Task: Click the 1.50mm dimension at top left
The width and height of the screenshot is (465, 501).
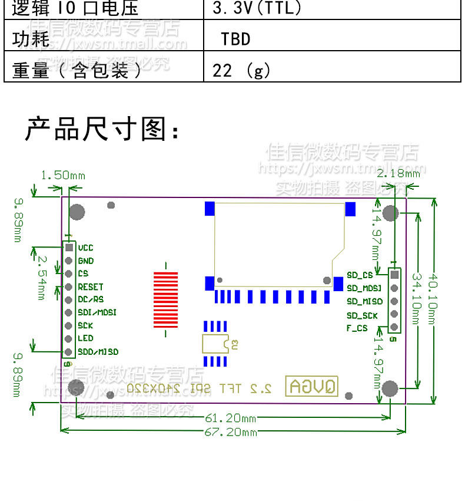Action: click(63, 176)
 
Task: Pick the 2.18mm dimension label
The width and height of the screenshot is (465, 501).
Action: click(398, 173)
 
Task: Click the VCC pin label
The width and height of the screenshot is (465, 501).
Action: click(85, 248)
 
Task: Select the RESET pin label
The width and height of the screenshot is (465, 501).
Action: click(91, 287)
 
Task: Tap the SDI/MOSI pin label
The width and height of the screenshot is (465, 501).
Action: click(97, 312)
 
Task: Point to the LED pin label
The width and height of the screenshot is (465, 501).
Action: click(85, 338)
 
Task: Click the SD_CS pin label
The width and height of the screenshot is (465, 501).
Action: click(360, 275)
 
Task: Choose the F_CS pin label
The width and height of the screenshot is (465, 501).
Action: click(357, 328)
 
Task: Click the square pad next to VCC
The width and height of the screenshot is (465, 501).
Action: click(69, 248)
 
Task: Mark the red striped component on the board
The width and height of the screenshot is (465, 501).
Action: click(165, 299)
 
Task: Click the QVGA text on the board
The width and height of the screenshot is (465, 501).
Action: click(312, 387)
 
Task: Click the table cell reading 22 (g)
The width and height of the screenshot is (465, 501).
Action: click(241, 71)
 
